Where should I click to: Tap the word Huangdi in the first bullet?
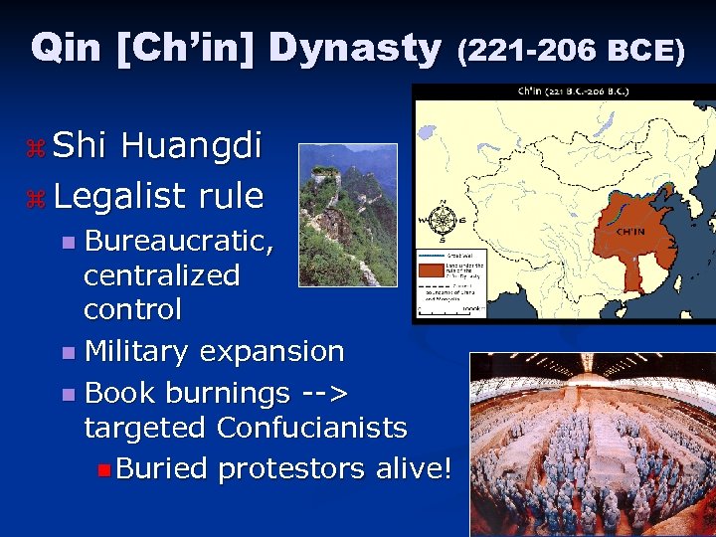point(191,146)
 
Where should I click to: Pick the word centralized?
point(161,274)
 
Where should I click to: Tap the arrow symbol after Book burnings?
point(323,393)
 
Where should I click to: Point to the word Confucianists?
point(312,428)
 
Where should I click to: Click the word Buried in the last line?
point(161,468)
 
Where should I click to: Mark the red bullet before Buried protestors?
point(105,469)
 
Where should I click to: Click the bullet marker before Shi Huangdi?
point(37,148)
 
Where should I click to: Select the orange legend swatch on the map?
point(432,268)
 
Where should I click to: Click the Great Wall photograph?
point(347,215)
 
